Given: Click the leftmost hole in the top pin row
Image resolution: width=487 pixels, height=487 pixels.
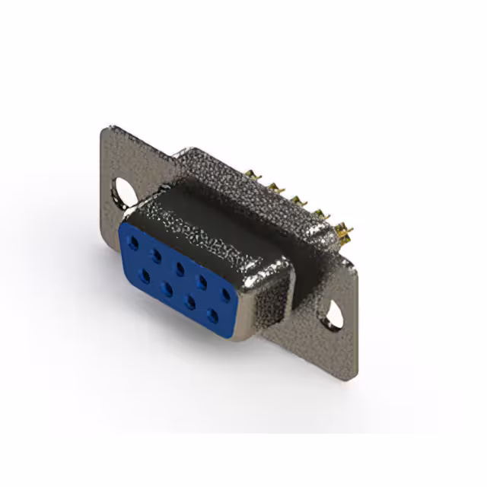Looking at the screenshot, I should pos(135,242).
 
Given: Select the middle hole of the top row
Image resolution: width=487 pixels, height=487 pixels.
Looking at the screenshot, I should pos(180,266).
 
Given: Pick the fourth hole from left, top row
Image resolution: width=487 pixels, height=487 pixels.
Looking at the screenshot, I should pos(202,279).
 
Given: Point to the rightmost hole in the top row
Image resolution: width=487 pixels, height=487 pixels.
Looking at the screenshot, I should pos(225,292).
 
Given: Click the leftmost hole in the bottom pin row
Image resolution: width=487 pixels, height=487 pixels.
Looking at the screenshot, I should pos(144,274).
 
